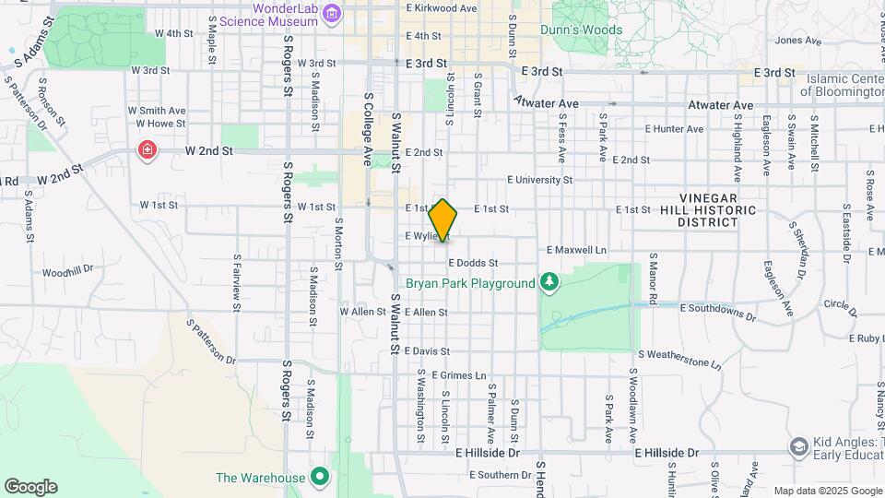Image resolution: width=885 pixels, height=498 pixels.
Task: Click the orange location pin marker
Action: (x=443, y=220)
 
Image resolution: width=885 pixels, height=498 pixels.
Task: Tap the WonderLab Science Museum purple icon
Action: (x=333, y=14)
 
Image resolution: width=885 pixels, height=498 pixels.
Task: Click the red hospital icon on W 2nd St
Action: (x=146, y=149)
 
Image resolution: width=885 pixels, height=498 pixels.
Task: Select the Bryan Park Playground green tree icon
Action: (x=549, y=280)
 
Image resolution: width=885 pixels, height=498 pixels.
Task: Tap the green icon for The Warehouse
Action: (x=319, y=477)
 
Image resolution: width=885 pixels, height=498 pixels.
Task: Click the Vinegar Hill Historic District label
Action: (x=717, y=210)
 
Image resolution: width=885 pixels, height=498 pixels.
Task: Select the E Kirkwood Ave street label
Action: (x=442, y=7)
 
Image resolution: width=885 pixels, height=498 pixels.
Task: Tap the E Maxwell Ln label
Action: (x=577, y=250)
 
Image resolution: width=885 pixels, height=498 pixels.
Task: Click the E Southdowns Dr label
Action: (x=718, y=313)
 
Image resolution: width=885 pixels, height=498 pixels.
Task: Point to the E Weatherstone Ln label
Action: (x=679, y=358)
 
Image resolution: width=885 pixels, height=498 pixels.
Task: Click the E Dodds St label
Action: (x=473, y=263)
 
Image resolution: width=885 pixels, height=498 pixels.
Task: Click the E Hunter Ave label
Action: (x=674, y=129)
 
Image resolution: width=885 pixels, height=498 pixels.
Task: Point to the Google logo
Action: (x=30, y=487)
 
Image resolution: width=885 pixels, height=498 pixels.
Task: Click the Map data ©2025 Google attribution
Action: (x=827, y=491)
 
